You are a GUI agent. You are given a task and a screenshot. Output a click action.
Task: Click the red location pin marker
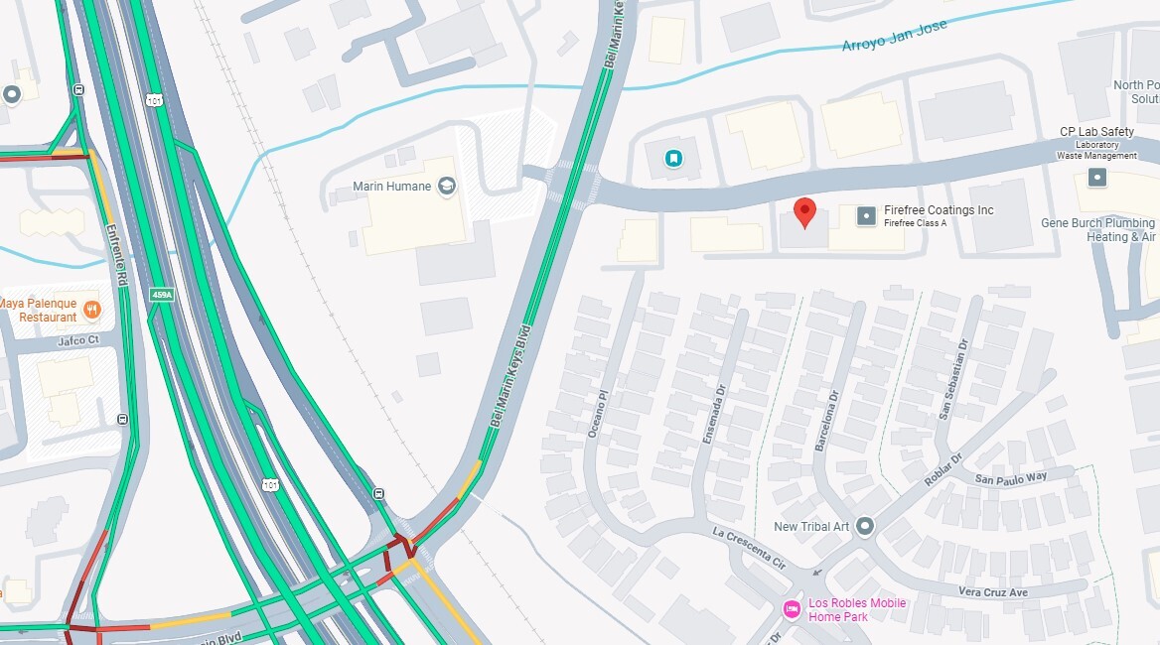[x=805, y=211]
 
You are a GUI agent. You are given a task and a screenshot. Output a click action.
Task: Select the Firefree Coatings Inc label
[x=939, y=210]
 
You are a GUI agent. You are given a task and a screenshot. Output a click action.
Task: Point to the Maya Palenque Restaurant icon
[x=92, y=310]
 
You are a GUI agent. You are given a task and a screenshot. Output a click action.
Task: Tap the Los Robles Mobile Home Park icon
[x=792, y=609]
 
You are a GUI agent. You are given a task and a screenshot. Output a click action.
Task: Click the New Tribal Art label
[x=811, y=526]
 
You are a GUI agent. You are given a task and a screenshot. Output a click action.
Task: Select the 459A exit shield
[x=162, y=294]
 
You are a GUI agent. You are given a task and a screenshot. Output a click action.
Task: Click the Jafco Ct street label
[x=78, y=339]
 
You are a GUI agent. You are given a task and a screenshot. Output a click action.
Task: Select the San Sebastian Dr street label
[x=951, y=379]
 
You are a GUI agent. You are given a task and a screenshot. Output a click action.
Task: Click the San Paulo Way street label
[x=1010, y=478]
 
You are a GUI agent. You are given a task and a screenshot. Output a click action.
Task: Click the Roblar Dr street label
[x=943, y=471]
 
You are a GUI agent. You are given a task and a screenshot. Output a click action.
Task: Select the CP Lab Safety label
[x=1096, y=132]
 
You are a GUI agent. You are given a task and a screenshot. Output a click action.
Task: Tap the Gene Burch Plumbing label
[x=1097, y=224]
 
